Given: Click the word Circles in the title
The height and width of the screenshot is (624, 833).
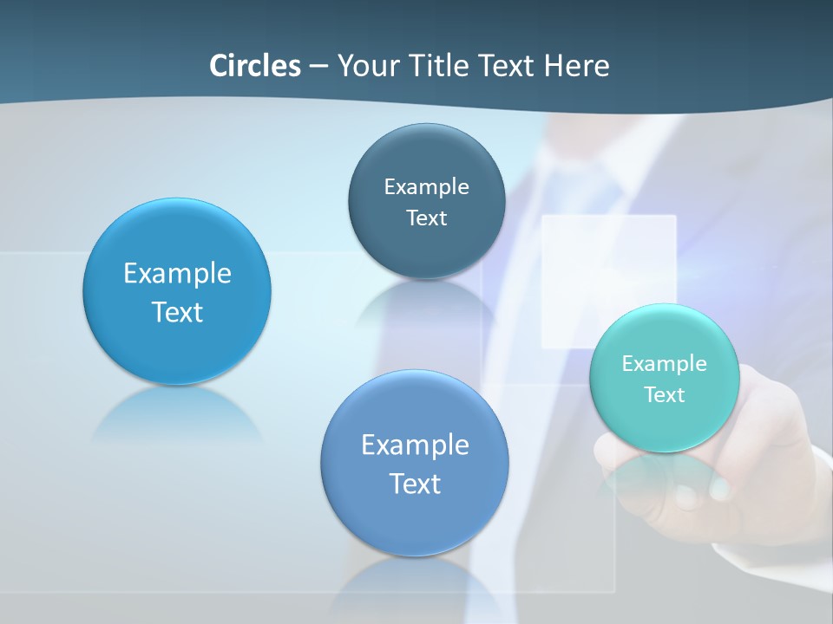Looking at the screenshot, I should coord(255,66).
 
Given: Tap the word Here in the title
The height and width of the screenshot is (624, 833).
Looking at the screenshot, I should coord(577,66).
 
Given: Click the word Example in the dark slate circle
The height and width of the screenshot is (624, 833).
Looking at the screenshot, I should coord(426,186).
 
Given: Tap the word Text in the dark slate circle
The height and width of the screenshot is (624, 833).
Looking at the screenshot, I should coord(426,218).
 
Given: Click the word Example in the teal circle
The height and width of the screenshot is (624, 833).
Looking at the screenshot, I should coord(664,363).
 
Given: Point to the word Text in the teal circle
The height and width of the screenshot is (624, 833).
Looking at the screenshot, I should coord(664,394).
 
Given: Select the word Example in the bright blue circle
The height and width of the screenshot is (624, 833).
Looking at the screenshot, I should coord(177,273).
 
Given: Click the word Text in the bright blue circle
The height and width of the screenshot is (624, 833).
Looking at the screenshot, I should coord(177,312).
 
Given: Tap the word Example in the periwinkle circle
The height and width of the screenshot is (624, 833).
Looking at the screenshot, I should coord(415,445).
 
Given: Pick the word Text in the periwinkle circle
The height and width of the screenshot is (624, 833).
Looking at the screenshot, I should coord(415,484).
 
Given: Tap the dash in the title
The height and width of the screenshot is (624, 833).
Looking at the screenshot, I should coord(318,66).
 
